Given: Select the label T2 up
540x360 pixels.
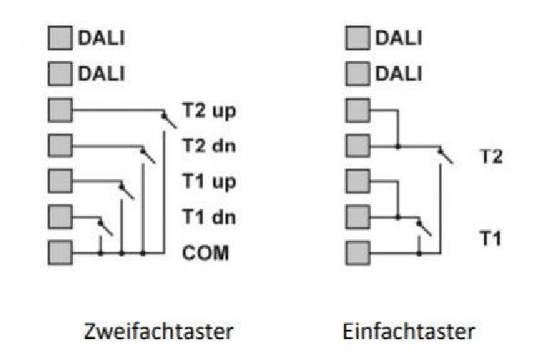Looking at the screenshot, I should point(209,110).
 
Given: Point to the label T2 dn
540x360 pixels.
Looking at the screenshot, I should point(208,145).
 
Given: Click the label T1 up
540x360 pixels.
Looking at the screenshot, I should point(209,181).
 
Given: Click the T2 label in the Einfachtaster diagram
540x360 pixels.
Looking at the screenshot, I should point(491,155).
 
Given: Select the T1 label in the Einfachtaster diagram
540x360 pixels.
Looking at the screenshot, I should point(491,237).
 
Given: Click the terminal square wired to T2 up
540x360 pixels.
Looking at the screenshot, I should point(60,110).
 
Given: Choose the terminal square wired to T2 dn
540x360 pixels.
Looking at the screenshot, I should point(60,145).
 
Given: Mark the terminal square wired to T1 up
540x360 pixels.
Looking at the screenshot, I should point(60,181).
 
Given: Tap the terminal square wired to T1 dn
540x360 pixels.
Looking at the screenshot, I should point(60,216).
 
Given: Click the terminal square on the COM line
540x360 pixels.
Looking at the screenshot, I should point(60,251).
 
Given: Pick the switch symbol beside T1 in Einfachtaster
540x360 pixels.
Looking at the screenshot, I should point(424,225).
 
